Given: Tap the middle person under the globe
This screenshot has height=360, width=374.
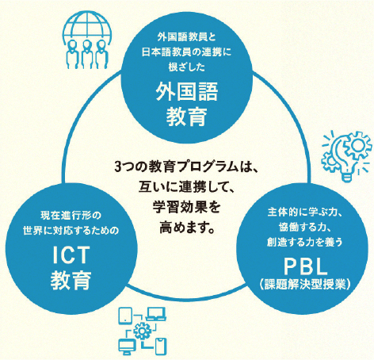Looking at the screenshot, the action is tap(86, 55).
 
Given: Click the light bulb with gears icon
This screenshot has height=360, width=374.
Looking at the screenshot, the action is tap(346, 156).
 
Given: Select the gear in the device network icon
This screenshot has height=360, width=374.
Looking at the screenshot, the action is tap(142, 331).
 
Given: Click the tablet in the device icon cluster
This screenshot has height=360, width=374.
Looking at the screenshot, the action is tap(125, 316).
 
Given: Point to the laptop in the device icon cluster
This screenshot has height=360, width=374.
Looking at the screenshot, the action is tap(156, 314).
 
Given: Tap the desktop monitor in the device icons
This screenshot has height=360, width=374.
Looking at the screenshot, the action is tap(127, 347).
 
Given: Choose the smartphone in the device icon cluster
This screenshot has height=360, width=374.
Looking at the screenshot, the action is tap(161, 346).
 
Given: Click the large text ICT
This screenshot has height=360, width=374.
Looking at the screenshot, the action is tap(71, 255).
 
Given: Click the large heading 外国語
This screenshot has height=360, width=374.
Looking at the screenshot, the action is tap(186, 91).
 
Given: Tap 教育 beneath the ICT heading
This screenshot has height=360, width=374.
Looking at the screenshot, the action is tap(71, 280).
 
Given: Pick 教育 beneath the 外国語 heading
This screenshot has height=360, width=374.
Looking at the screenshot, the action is tap(186, 117).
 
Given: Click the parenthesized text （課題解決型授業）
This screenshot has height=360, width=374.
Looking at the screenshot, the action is tap(305, 284).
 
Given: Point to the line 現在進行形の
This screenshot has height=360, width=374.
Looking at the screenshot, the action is tap(71, 215).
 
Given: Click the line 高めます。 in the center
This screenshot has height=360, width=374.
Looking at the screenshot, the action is tap(187, 228).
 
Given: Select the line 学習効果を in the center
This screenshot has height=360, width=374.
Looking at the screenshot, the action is tap(186, 207).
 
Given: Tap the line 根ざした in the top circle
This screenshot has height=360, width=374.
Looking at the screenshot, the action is tap(187, 67).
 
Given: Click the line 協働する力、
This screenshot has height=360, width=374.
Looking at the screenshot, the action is tap(304, 227).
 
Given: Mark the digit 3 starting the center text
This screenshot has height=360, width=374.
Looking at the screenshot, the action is tap(118, 167).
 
